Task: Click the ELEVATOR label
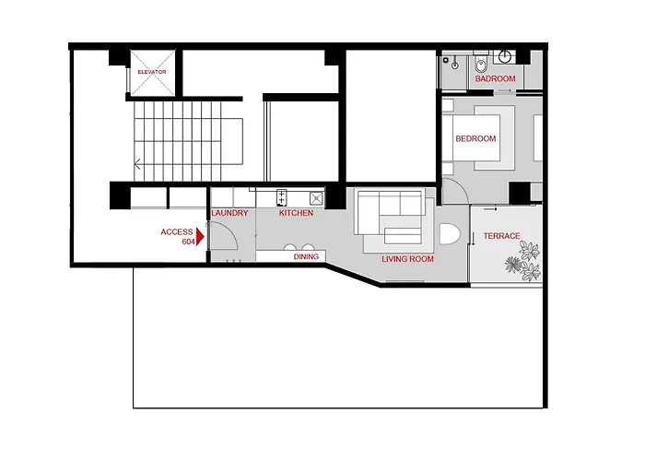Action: (x=152, y=72)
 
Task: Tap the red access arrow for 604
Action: (x=200, y=237)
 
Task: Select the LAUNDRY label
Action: (x=229, y=213)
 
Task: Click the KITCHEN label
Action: (x=296, y=213)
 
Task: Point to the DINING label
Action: (x=306, y=256)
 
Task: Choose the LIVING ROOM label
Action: (x=407, y=259)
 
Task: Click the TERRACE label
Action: (x=501, y=236)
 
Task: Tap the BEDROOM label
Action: (x=475, y=138)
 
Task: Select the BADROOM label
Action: (x=496, y=78)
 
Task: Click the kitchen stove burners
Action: (x=282, y=197)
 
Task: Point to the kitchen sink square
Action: (x=316, y=198)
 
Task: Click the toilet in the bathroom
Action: (x=480, y=65)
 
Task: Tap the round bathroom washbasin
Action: (x=505, y=56)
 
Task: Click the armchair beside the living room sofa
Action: (x=450, y=233)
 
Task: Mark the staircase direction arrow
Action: (x=137, y=164)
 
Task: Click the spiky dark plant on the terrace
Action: (x=513, y=265)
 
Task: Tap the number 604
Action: (x=188, y=242)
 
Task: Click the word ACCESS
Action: (x=177, y=232)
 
